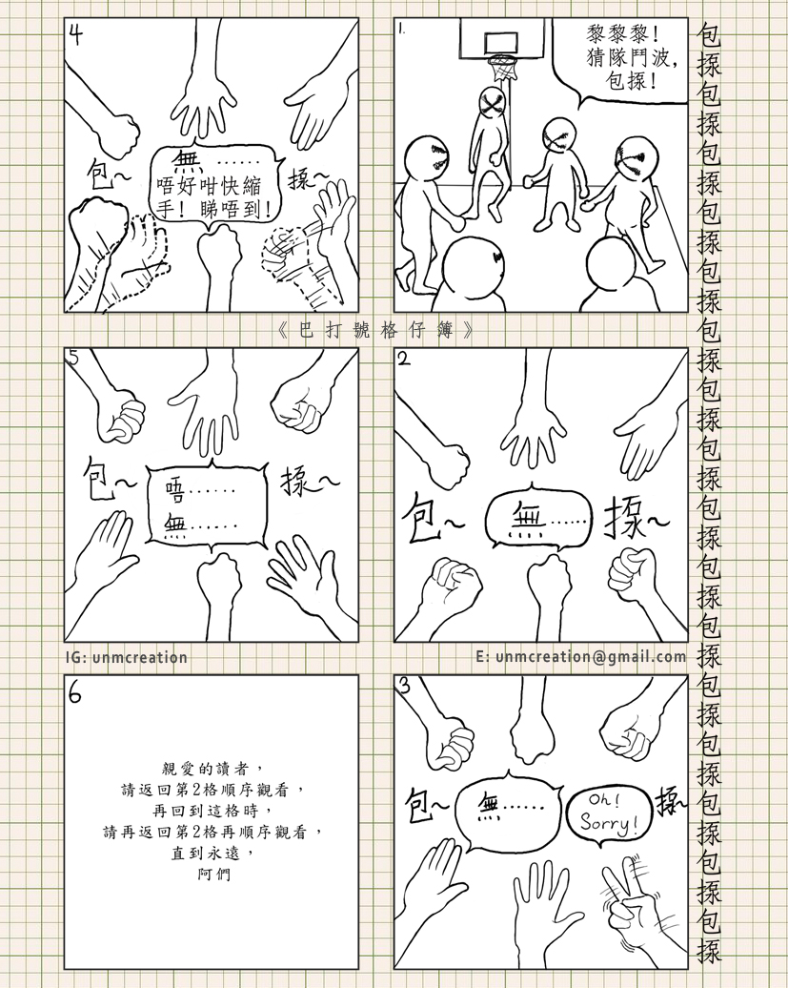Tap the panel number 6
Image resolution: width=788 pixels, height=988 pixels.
(75, 693)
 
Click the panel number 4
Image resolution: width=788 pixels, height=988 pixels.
(75, 34)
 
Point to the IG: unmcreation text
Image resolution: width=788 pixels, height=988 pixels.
(127, 657)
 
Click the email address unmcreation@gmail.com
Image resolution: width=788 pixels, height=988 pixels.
(591, 656)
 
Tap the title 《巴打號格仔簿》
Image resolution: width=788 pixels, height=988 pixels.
(375, 330)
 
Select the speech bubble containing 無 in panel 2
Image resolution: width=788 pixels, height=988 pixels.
(540, 521)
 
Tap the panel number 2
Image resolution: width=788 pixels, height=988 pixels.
(404, 359)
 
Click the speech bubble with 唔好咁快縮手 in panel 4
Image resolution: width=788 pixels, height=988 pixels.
(214, 183)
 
